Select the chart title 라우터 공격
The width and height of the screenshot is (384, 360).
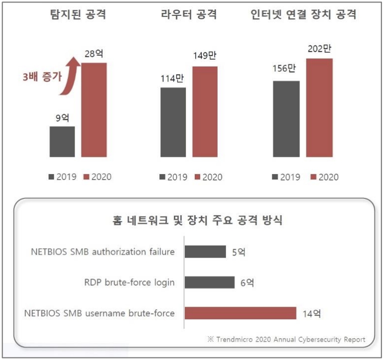point(189,15)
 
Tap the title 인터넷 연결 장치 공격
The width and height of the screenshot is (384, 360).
point(304,15)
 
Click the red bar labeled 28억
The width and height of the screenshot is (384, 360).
point(94,109)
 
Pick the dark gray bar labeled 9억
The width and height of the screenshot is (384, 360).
point(62,141)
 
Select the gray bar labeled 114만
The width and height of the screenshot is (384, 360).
point(173,122)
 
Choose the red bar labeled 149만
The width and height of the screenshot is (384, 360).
point(205,111)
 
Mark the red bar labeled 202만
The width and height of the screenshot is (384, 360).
point(319,107)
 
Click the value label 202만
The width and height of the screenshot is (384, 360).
point(319,50)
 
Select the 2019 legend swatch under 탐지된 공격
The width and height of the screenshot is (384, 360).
point(52,177)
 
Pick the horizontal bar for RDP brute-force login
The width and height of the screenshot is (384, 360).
point(209,282)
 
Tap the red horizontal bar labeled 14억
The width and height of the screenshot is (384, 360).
point(240,313)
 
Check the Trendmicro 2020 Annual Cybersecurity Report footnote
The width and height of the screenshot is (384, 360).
point(286,339)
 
